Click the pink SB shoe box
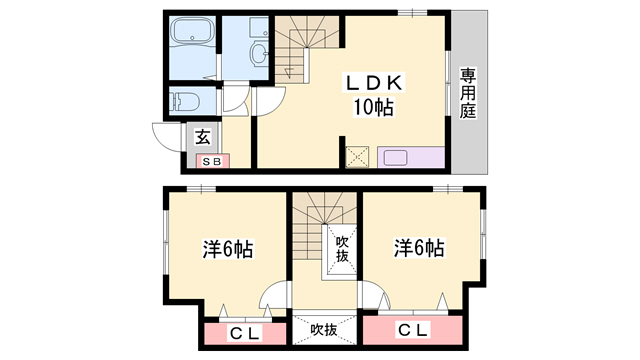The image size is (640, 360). click(x=212, y=160)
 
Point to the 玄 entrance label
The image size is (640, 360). click(x=202, y=138)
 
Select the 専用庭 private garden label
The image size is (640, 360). click(x=467, y=94)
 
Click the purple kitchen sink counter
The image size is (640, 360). click(x=410, y=158)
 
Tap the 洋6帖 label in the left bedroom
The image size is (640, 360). click(x=227, y=249)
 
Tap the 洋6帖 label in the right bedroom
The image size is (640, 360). click(x=419, y=247)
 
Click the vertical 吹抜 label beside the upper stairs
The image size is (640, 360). click(x=341, y=248)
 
